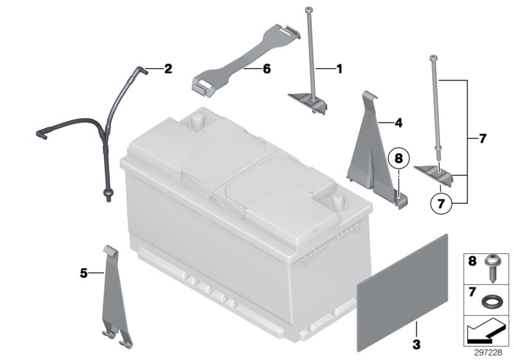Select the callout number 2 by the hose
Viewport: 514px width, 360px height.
click(168, 68)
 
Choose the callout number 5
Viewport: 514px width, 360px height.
click(82, 273)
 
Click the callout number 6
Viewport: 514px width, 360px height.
click(265, 68)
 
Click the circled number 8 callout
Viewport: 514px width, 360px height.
click(398, 157)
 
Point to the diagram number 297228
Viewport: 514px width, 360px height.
click(491, 352)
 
